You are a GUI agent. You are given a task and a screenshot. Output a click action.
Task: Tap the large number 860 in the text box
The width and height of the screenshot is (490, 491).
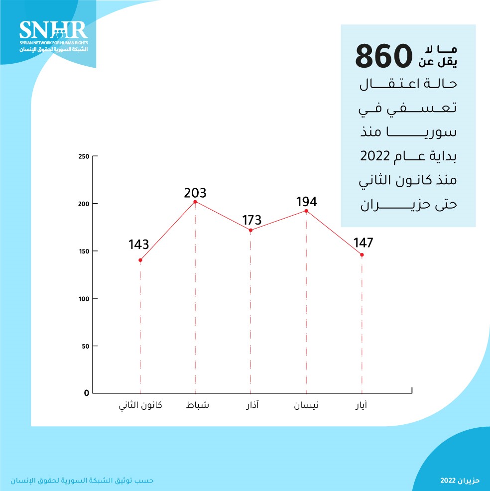coord(384,56)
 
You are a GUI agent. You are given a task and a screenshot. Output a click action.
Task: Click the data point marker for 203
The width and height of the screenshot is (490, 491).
coord(195,202)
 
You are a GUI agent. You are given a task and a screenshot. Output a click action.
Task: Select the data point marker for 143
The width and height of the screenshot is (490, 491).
coord(140,260)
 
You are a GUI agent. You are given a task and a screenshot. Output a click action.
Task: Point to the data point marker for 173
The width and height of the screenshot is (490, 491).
coord(250,230)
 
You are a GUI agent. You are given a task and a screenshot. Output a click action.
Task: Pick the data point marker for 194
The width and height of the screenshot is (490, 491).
coord(306,211)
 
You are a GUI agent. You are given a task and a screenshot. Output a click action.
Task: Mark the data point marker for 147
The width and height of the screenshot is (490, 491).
coord(362,255)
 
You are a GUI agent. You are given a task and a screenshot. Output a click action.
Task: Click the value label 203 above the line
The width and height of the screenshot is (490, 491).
coord(195,193)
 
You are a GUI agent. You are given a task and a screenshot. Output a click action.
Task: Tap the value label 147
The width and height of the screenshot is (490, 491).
coord(363,243)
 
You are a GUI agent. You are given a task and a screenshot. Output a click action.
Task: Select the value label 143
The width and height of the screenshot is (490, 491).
coord(138,245)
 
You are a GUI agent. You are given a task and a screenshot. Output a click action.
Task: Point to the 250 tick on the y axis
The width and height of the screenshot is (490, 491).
coord(84,157)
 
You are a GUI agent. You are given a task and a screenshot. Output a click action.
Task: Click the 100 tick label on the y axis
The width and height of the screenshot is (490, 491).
coord(84,299)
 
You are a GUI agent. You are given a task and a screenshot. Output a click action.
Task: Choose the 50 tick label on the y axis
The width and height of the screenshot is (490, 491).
coord(85,346)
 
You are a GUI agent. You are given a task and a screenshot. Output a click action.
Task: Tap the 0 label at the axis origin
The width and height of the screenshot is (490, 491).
coord(86,393)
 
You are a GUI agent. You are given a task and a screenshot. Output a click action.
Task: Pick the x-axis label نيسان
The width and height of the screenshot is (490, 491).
coord(306,405)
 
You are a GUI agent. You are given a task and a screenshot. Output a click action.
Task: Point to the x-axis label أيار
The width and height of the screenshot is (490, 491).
coord(364,405)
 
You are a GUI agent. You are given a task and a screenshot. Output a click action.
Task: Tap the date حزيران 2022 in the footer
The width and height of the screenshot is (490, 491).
coord(460,481)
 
